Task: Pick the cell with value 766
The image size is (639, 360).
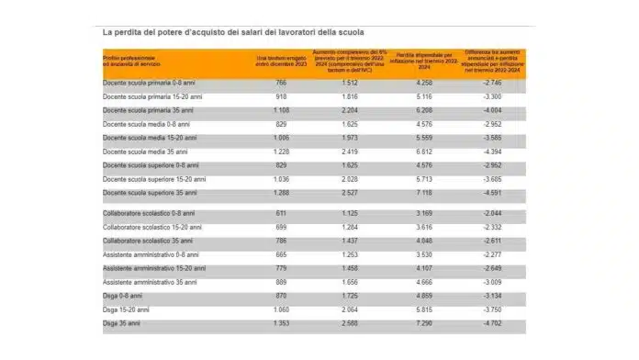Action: (283, 82)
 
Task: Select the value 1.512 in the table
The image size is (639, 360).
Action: (346, 82)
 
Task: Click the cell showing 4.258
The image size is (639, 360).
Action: (411, 82)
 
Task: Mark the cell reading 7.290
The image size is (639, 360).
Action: (411, 323)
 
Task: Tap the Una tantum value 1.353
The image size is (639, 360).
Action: (283, 323)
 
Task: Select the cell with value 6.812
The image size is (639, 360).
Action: (411, 151)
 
